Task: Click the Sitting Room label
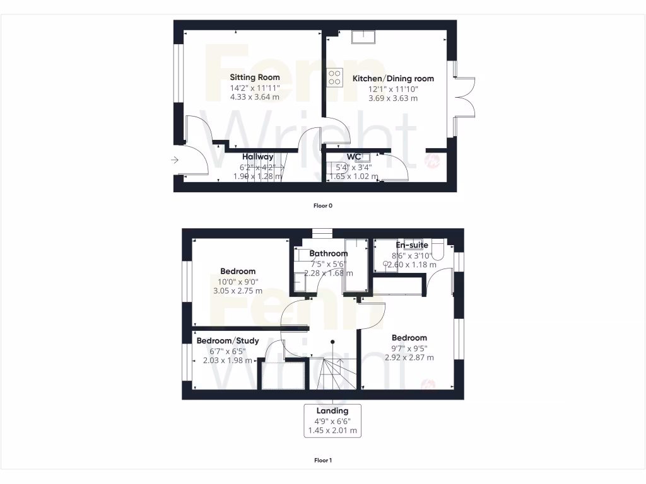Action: click(x=254, y=78)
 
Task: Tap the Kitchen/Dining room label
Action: click(x=393, y=79)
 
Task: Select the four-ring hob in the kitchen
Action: click(x=334, y=76)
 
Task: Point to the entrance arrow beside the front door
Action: click(x=175, y=161)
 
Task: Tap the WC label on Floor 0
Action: click(x=353, y=157)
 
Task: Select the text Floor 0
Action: click(x=322, y=205)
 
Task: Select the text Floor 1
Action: click(x=322, y=460)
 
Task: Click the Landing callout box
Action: click(x=332, y=421)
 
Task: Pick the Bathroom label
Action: click(x=328, y=253)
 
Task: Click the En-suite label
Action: click(x=412, y=245)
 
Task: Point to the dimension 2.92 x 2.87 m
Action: click(x=409, y=357)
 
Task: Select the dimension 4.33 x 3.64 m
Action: click(x=254, y=98)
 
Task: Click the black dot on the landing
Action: click(x=332, y=342)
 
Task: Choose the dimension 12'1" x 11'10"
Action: click(x=393, y=89)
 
